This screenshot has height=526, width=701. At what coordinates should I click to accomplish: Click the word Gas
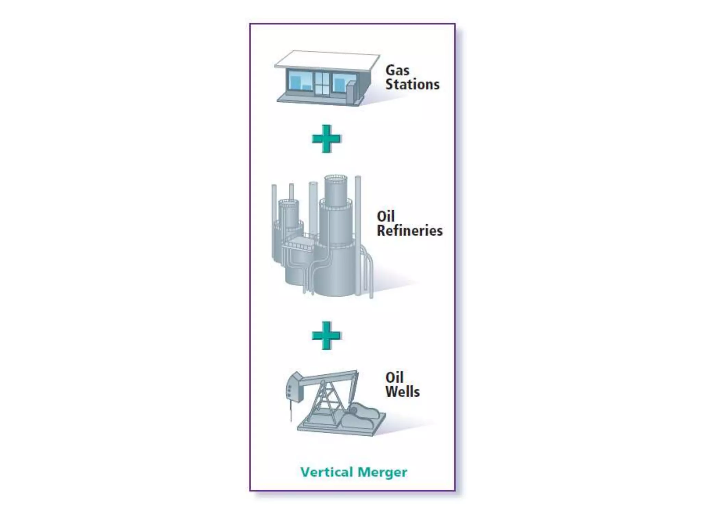click(397, 71)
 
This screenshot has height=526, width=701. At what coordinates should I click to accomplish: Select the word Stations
click(412, 85)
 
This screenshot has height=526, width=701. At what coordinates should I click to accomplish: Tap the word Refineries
click(409, 231)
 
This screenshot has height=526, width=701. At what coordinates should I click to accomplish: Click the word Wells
click(402, 392)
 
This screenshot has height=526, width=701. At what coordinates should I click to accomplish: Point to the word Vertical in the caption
click(327, 472)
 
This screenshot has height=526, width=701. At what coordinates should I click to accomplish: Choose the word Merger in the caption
click(382, 472)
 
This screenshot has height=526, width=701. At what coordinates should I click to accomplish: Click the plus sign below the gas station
click(326, 139)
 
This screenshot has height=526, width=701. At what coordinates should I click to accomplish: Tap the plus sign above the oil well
click(326, 335)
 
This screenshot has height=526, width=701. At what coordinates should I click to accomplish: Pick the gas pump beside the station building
click(351, 91)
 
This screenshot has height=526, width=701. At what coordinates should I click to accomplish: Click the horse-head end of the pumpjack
click(294, 387)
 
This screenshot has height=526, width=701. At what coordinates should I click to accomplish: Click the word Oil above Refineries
click(386, 216)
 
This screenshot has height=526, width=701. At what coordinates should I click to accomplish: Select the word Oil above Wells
click(394, 378)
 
